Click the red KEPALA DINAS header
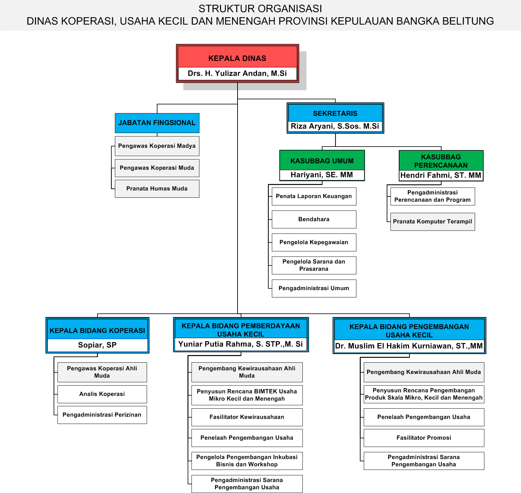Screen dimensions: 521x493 237,57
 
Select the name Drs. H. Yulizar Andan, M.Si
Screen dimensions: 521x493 237,73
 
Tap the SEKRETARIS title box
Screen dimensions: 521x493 335,113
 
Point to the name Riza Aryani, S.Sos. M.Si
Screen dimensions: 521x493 335,126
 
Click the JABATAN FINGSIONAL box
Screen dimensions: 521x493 157,123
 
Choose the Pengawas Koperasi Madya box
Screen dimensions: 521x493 157,146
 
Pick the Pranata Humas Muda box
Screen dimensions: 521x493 157,189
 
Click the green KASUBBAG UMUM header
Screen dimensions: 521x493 322,160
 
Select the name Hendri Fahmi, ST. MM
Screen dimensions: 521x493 441,175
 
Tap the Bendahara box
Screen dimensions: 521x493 314,220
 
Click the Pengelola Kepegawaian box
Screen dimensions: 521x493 314,242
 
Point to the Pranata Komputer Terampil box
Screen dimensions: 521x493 432,222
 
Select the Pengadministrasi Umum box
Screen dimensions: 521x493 314,289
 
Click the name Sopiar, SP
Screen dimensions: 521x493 97,345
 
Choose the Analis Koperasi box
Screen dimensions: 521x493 102,394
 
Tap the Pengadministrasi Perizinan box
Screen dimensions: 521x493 102,415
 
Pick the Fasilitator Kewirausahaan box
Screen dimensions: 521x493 247,417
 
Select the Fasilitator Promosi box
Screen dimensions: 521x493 424,438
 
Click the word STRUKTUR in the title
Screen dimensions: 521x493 223,9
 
